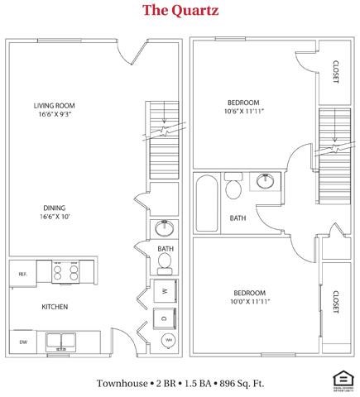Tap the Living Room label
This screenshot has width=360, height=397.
[55, 106]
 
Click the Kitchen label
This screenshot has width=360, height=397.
[55, 307]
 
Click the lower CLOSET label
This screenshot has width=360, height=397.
[335, 303]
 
